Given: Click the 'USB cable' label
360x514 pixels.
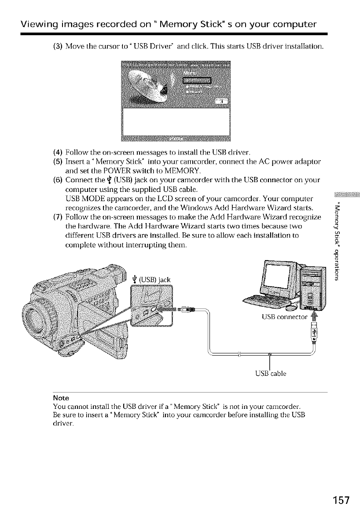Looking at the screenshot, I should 270,374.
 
